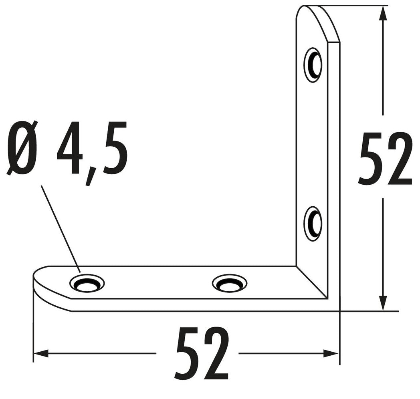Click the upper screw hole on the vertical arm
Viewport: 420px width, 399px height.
[x=313, y=65]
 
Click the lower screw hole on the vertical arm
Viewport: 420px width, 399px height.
[x=313, y=224]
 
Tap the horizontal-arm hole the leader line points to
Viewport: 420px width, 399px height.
[x=87, y=283]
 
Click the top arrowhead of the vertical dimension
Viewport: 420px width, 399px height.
[x=384, y=14]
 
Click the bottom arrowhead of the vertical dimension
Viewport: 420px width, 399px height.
[x=384, y=302]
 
